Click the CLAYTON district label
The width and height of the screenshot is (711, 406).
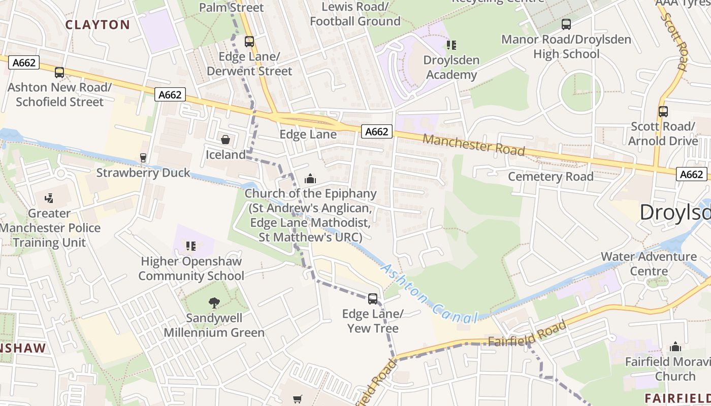(98, 24)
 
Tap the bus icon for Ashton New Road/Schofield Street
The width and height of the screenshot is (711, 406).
(59, 73)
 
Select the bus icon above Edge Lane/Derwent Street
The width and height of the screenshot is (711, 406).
(249, 42)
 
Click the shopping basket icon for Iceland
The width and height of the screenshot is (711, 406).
(225, 140)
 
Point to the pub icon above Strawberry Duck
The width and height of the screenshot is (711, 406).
(143, 158)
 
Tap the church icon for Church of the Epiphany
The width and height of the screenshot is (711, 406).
(310, 179)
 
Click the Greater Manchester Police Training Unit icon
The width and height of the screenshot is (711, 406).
(49, 198)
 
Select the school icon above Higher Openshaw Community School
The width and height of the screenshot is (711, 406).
(191, 247)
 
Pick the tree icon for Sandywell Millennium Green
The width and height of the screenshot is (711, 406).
(214, 303)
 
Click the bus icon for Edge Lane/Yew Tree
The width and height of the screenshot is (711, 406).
(373, 299)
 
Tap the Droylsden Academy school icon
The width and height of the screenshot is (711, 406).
(451, 45)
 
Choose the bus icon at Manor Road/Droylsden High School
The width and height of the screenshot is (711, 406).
(566, 24)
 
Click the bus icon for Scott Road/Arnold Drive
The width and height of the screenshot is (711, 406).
(663, 112)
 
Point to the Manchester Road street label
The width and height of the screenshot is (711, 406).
(473, 145)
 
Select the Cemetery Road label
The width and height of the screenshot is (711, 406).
(551, 177)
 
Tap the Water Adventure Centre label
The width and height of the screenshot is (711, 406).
(649, 263)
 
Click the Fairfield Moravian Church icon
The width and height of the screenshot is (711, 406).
(675, 347)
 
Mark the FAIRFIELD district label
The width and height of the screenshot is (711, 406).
(677, 397)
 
